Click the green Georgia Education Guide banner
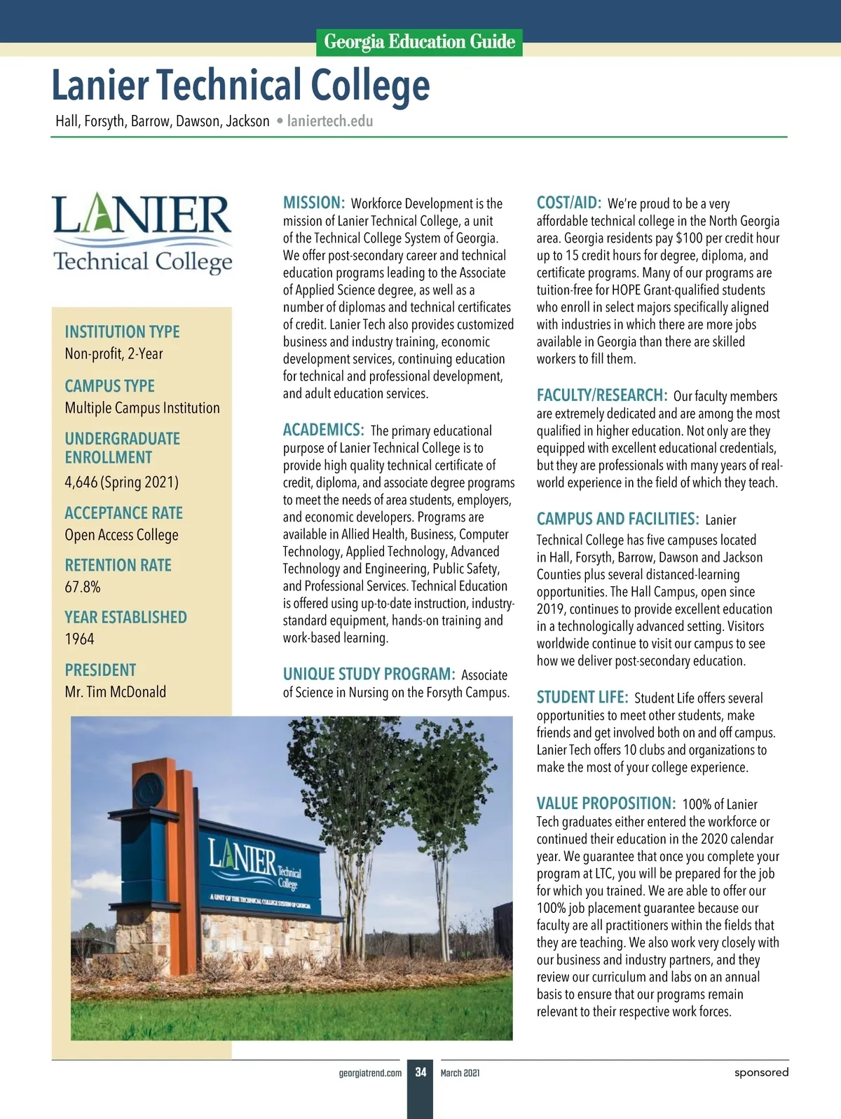point(419,42)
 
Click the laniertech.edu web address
point(330,121)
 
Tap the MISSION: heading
point(313,203)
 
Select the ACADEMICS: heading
point(323,430)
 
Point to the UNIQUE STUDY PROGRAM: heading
point(369,674)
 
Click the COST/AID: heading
point(568,203)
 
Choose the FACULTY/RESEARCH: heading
point(601,395)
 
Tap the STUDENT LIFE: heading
point(582,698)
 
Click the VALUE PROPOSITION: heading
point(606,803)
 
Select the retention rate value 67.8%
point(83,587)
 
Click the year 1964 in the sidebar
point(79,639)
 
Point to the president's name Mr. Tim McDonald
point(116,692)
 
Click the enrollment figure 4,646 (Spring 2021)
point(121,482)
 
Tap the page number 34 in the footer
point(420,1072)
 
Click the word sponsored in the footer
point(761,1072)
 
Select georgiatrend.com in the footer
point(370,1073)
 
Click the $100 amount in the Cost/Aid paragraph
point(688,238)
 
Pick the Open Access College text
point(121,535)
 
